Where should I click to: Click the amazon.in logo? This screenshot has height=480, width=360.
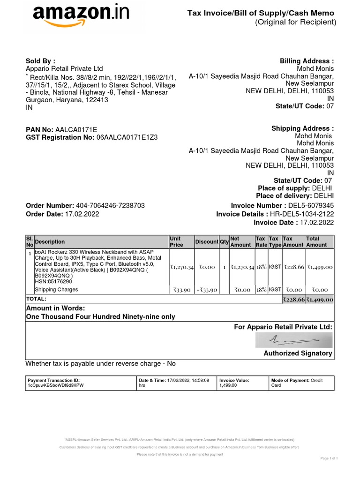pyautogui.click(x=81, y=16)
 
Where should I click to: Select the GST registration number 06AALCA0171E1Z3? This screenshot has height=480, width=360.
pyautogui.click(x=127, y=137)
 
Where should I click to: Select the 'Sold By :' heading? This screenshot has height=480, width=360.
pyautogui.click(x=40, y=60)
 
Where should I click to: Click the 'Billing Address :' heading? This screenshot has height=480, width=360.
pyautogui.click(x=307, y=61)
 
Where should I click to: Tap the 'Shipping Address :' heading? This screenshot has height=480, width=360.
pyautogui.click(x=302, y=128)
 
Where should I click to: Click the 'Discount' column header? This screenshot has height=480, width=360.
pyautogui.click(x=207, y=242)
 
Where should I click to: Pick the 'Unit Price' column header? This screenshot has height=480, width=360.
pyautogui.click(x=176, y=242)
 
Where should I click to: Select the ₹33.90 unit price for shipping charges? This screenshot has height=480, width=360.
pyautogui.click(x=181, y=290)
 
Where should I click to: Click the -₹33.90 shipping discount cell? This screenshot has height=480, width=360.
pyautogui.click(x=206, y=290)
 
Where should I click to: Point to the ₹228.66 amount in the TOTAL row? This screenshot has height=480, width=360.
pyautogui.click(x=293, y=300)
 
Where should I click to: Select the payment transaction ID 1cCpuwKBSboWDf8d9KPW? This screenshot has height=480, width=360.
pyautogui.click(x=56, y=385)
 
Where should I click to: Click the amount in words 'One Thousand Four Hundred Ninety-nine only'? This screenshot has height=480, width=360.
pyautogui.click(x=100, y=317)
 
